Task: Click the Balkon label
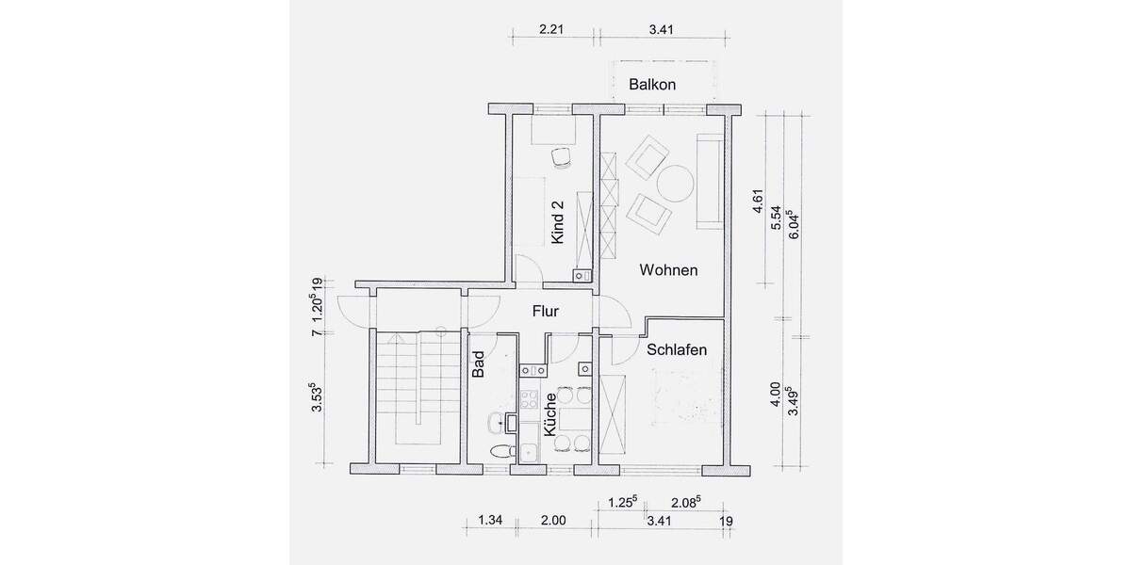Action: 652,85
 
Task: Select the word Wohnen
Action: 668,271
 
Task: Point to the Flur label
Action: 547,310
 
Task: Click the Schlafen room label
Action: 677,349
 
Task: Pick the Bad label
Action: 478,364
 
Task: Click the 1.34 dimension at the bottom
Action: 490,520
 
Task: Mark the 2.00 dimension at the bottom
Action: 553,520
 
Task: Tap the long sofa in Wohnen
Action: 709,181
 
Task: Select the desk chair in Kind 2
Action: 563,157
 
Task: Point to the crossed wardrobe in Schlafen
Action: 611,414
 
